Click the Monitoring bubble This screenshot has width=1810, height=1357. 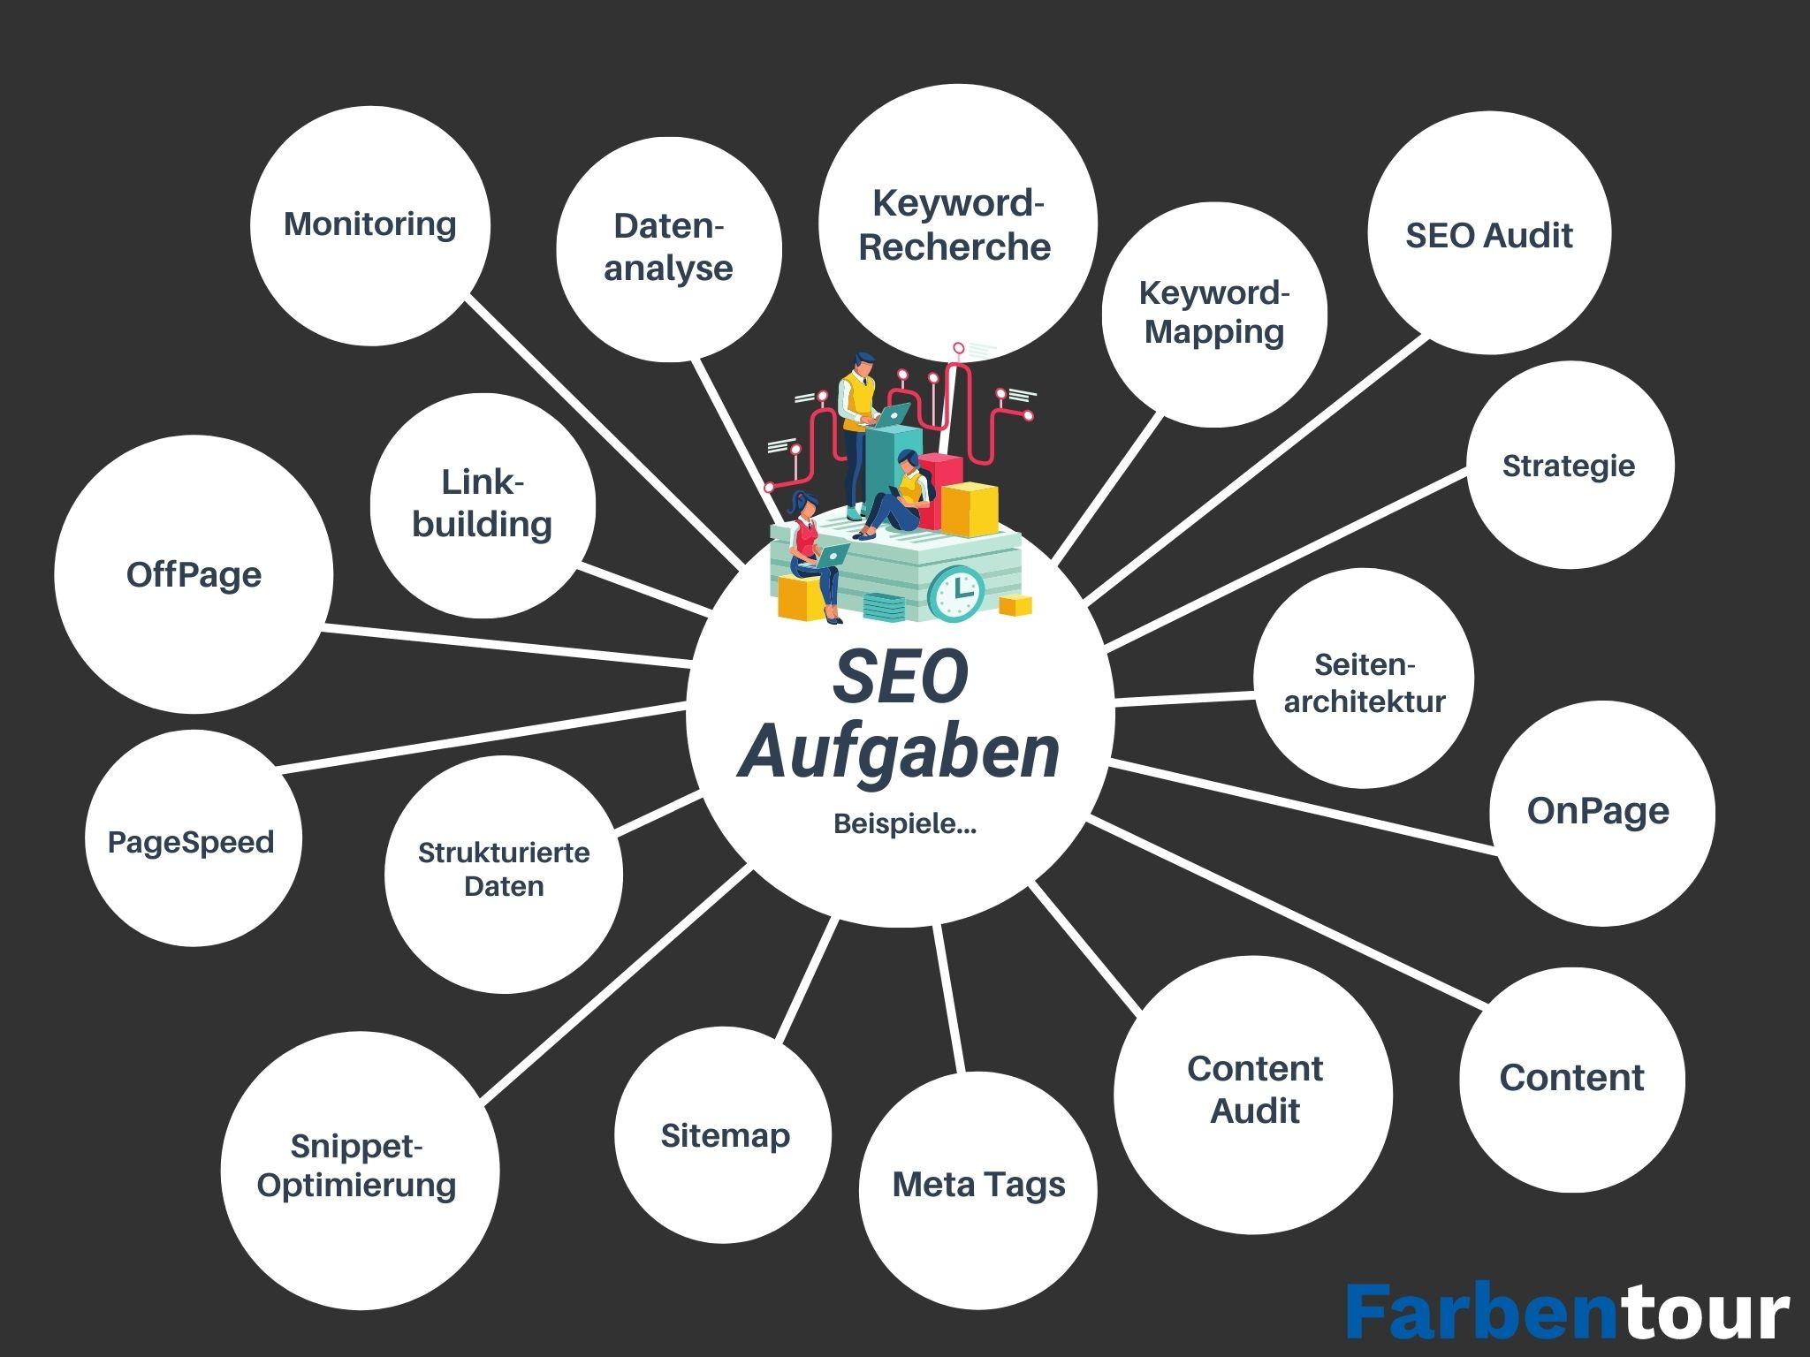click(369, 225)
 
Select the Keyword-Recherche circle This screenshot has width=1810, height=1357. click(956, 224)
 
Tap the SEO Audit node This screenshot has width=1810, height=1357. click(1489, 234)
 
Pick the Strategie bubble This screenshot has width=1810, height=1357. click(1570, 465)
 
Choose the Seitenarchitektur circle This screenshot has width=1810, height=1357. click(1364, 678)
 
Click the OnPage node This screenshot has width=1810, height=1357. click(1601, 812)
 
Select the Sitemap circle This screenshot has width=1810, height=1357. click(724, 1135)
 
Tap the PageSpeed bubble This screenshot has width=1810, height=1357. click(193, 840)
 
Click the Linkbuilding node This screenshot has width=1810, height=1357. click(483, 505)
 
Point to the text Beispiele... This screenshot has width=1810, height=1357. click(904, 824)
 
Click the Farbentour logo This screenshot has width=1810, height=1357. click(1567, 1313)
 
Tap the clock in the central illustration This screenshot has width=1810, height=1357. click(957, 592)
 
